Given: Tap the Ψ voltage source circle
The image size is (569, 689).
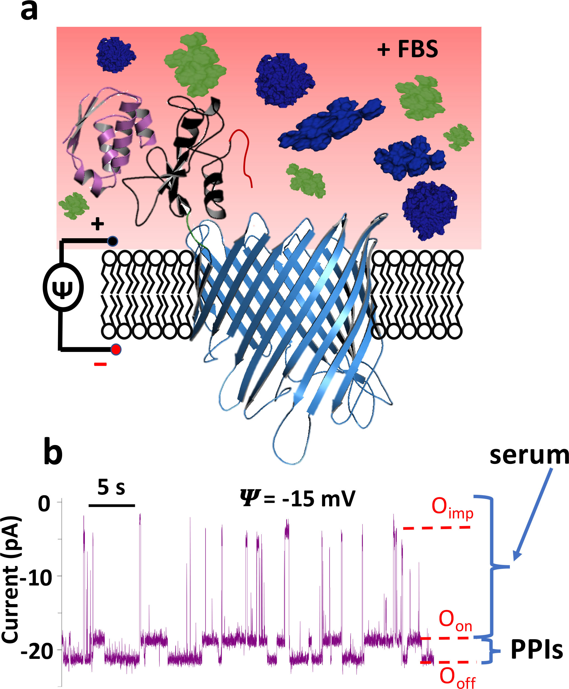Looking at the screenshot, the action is (63, 287).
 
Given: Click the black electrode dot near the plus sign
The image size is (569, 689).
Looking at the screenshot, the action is (112, 241).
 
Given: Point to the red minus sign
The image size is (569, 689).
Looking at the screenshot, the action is (100, 364).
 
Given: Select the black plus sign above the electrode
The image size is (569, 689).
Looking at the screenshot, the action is (97, 224).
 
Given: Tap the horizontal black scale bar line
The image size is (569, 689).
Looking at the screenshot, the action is (112, 505).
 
